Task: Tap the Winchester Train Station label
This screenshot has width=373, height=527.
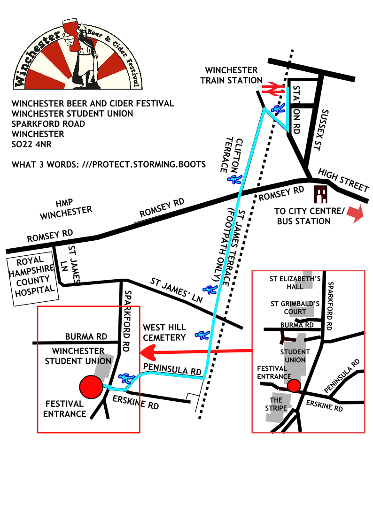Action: (x=231, y=75)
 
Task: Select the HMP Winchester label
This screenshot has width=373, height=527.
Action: (x=66, y=209)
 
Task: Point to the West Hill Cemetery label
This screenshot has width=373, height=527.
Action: (x=164, y=332)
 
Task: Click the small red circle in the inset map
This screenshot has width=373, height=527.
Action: (x=294, y=386)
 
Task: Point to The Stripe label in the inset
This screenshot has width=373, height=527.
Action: (x=276, y=404)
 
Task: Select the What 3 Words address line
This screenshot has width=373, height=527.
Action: (x=109, y=164)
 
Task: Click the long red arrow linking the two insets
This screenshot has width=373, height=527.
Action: (x=197, y=351)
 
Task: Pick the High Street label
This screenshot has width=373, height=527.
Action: (x=344, y=180)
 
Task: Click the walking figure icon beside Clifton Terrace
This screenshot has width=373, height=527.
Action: (x=234, y=179)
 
